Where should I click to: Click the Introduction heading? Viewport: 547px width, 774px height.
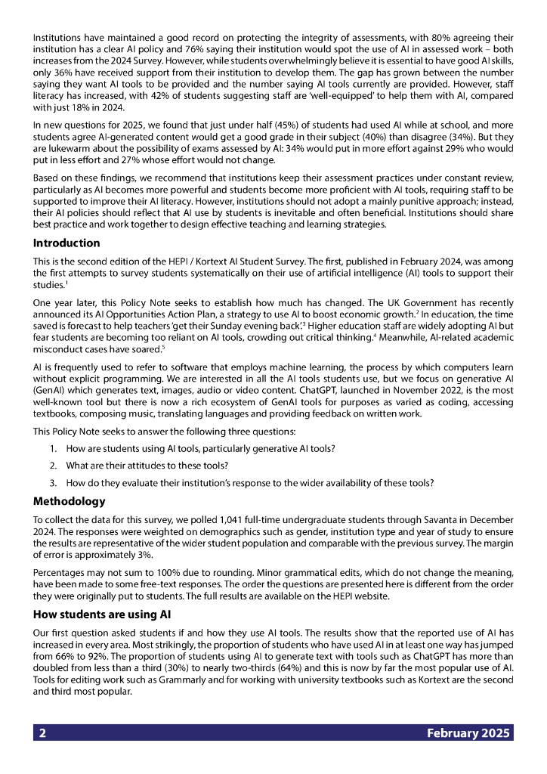click(66, 243)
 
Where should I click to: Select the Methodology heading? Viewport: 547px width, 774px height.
click(70, 501)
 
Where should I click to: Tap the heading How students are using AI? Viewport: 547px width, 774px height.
click(103, 615)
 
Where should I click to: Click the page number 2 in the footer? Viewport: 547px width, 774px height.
click(43, 733)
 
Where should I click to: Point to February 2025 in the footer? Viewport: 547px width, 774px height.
click(468, 733)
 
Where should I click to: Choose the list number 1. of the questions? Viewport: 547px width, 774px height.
click(54, 448)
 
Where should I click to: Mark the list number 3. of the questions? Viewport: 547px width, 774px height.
click(54, 483)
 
